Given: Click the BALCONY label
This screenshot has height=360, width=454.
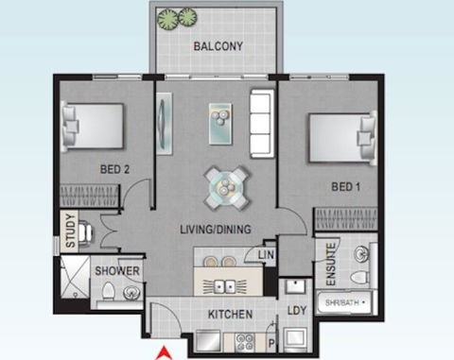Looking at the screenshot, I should (x=219, y=46).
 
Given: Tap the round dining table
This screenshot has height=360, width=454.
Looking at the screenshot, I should (x=228, y=186).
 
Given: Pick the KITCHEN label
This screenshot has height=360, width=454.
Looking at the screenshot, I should (x=229, y=313).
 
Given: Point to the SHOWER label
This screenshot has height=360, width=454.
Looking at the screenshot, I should (x=117, y=272).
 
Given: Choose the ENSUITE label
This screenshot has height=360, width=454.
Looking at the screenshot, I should (x=331, y=264).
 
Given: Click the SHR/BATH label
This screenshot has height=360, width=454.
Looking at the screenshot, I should (x=341, y=302).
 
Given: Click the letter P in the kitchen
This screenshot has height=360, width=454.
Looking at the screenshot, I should (x=271, y=344).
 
